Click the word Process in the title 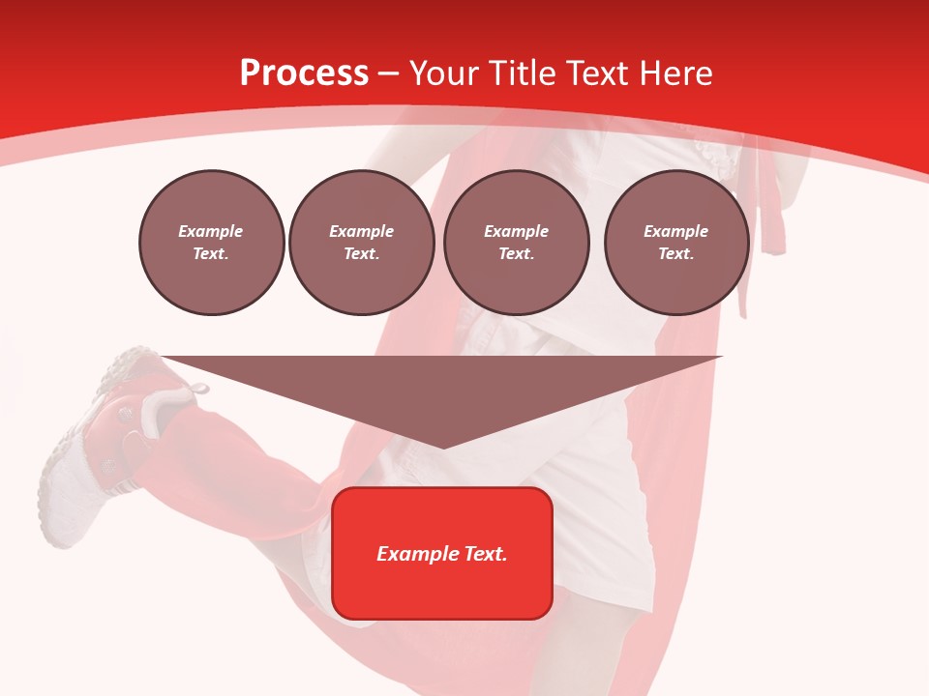coord(304,73)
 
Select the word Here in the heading coord(674,73)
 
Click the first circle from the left coord(212,243)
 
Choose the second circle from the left coord(362,243)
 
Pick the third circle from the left coord(517,243)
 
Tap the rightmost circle coord(676,243)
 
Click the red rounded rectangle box coord(442,553)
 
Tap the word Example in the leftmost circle coord(211,231)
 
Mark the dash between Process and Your coord(389,73)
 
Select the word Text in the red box coord(485,554)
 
